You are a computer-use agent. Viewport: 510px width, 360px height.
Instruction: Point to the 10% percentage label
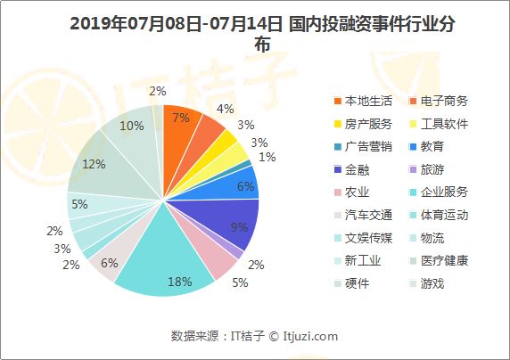tap(132, 126)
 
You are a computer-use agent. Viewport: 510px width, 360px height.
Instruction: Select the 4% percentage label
tap(226, 109)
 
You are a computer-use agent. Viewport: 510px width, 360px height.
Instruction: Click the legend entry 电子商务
tap(443, 101)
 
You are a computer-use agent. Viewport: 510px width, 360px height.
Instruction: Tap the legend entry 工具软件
tap(443, 123)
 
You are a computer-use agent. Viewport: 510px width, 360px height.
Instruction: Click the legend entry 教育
tap(432, 146)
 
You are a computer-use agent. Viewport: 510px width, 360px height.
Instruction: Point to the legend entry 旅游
tap(432, 168)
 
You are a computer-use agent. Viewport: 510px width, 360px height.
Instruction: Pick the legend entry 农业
tap(357, 192)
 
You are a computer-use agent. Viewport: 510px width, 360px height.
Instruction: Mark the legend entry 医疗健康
tap(443, 260)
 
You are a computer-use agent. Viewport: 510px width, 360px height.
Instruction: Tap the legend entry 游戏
tap(432, 283)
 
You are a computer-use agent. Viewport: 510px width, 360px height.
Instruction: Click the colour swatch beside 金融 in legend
tap(338, 169)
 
